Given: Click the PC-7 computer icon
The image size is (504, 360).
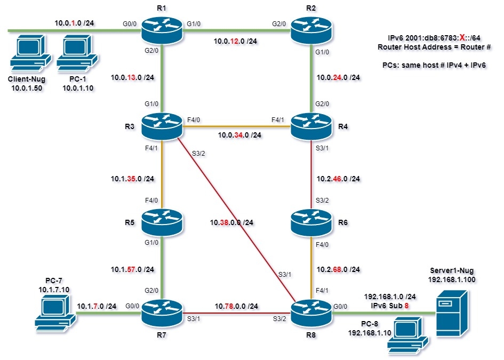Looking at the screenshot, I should pyautogui.click(x=53, y=313).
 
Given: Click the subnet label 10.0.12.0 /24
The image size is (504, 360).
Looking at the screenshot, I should pyautogui.click(x=236, y=41).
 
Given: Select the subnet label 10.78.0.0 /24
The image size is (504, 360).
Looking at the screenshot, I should pyautogui.click(x=236, y=306).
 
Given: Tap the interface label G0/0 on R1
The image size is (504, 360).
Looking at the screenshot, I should pyautogui.click(x=129, y=24).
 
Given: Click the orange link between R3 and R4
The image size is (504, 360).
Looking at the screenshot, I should pyautogui.click(x=236, y=126).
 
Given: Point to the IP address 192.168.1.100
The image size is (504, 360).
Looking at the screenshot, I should pyautogui.click(x=452, y=279).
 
